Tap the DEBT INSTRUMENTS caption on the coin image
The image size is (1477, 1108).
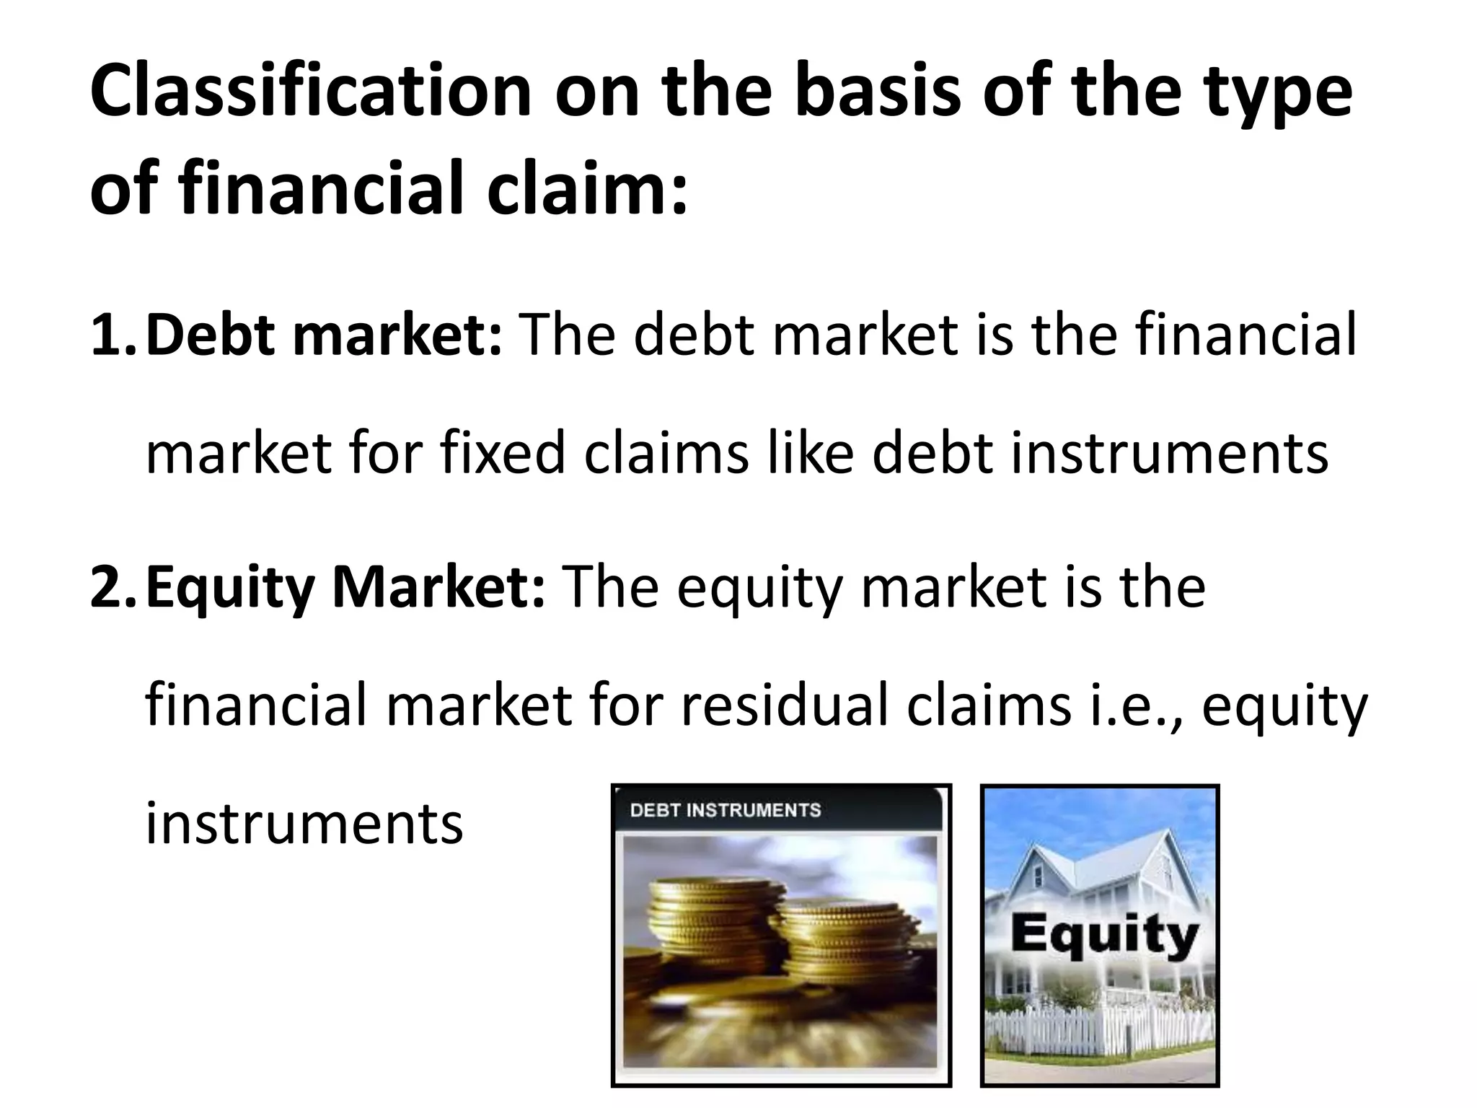(x=725, y=810)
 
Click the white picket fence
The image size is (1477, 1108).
(x=1096, y=1039)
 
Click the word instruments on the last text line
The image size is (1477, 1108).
(x=304, y=824)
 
